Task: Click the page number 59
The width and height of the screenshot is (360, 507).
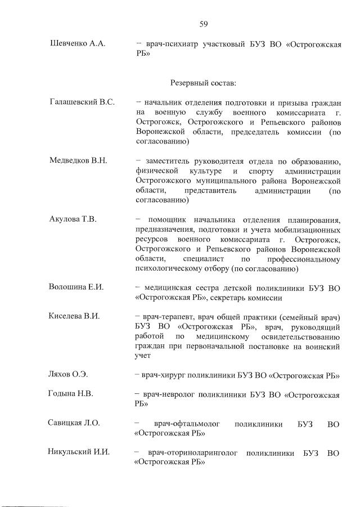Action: pos(204,23)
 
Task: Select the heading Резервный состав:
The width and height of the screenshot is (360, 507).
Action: pos(203,83)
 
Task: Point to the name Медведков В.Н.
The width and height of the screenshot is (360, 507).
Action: pos(79,160)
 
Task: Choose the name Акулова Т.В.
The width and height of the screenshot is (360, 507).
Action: pos(73,219)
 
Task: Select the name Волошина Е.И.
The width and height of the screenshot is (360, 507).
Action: pos(77,287)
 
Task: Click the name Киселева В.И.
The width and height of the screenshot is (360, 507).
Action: pos(75,316)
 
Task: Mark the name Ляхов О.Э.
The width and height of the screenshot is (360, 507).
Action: pos(69,374)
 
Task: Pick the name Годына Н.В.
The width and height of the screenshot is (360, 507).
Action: pos(71,393)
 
